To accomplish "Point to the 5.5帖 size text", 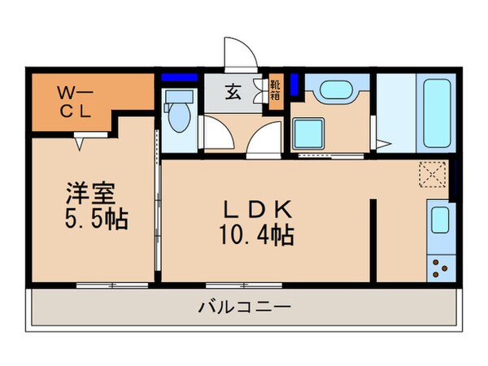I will click(x=97, y=220).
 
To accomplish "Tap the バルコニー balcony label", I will click(x=243, y=308).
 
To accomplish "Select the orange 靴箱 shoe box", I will click(x=276, y=88).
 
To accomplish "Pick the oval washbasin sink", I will click(x=332, y=89).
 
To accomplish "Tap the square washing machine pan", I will click(x=310, y=132).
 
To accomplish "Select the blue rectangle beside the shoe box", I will click(x=295, y=83).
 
